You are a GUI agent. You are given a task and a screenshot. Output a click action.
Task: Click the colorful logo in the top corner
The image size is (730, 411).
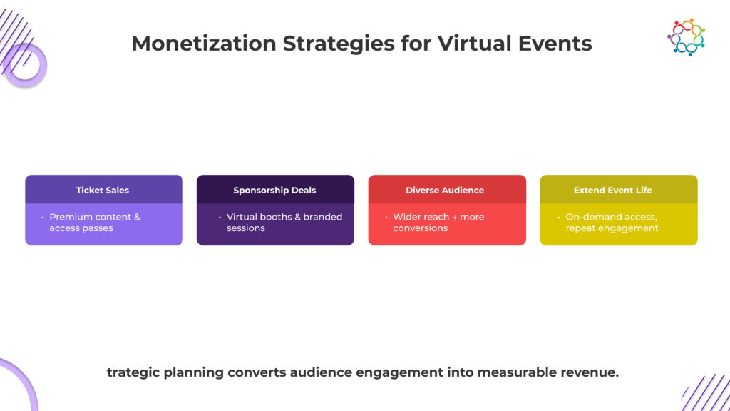[x=686, y=37]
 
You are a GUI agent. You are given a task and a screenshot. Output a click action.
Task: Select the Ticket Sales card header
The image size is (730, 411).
[x=103, y=191]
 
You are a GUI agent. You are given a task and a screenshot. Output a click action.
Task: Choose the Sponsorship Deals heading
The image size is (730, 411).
[x=274, y=191]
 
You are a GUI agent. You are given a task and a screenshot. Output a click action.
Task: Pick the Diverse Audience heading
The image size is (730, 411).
[x=445, y=191]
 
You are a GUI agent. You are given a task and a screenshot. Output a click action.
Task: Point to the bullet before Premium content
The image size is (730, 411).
[x=42, y=217]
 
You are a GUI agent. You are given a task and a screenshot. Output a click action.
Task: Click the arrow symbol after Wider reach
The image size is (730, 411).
[x=454, y=217]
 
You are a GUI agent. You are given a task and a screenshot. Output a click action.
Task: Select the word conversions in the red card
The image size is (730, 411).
[x=420, y=228]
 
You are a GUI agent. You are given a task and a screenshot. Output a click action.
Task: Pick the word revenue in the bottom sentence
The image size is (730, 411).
[x=590, y=372]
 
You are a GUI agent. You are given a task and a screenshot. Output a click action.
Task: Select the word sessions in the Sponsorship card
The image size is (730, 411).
[x=245, y=228]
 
